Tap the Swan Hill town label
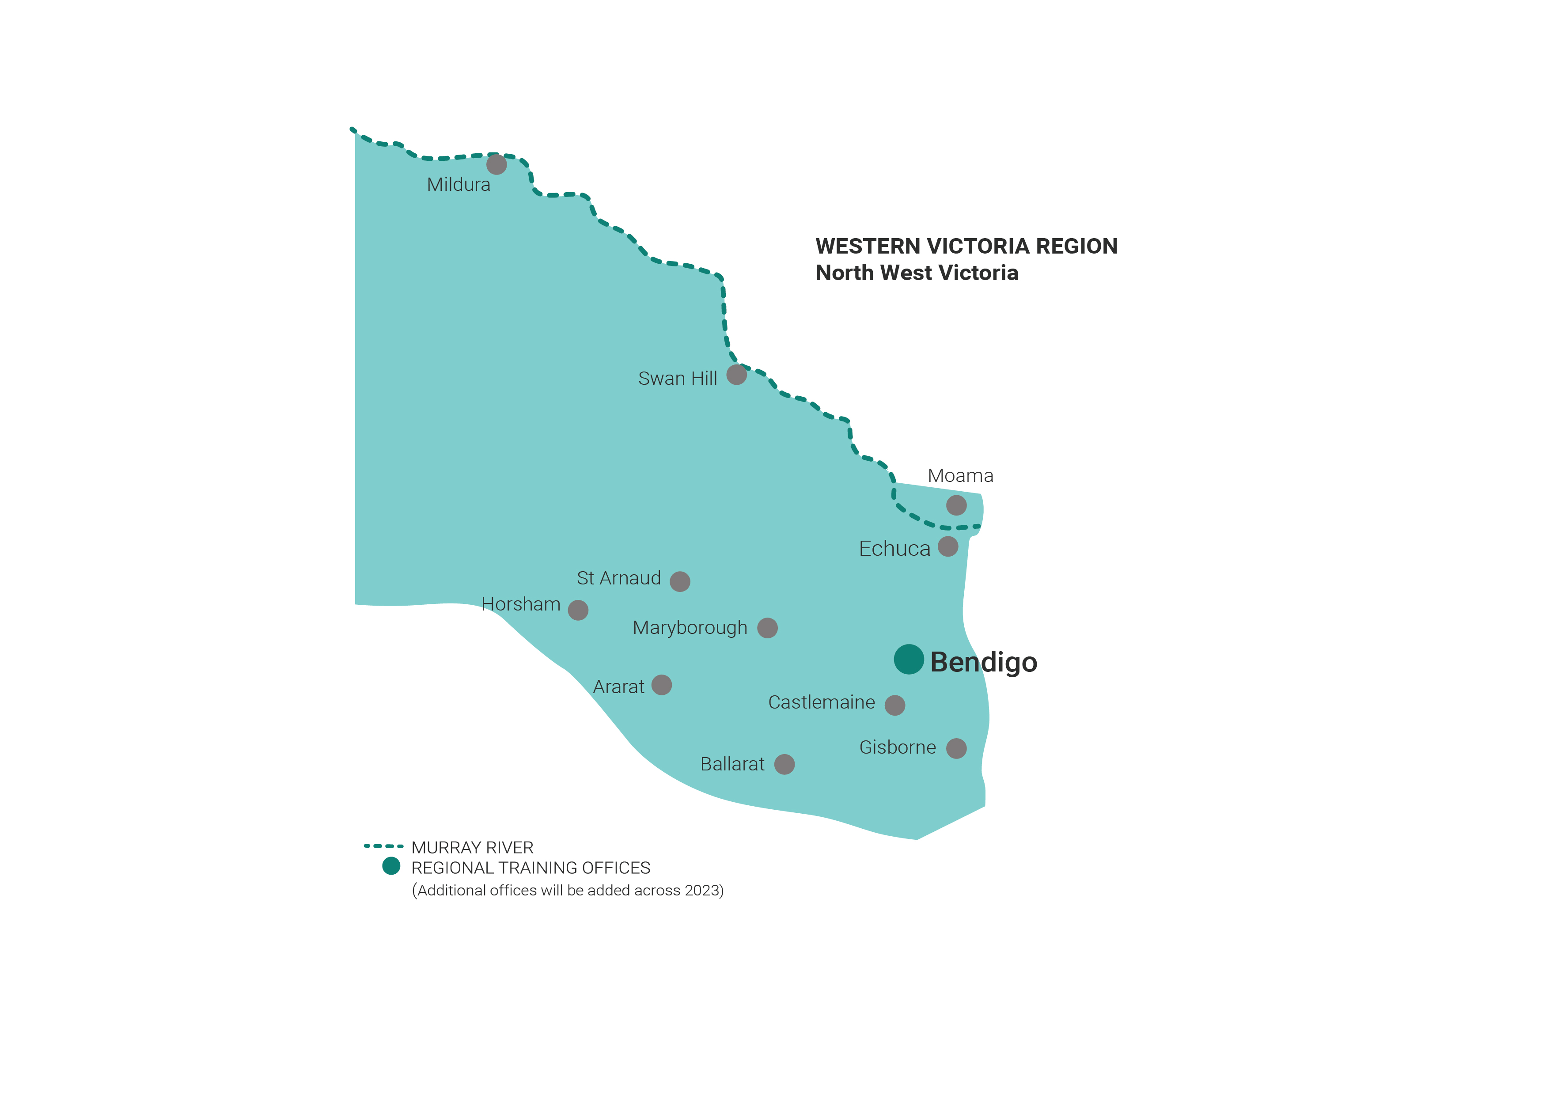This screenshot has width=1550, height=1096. (x=677, y=378)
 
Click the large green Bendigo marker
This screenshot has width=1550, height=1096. (x=909, y=659)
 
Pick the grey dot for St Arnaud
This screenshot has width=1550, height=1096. (x=680, y=581)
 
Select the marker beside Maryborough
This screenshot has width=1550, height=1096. (x=768, y=628)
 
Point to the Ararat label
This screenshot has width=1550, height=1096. (x=618, y=687)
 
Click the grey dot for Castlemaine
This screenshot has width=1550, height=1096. (x=895, y=705)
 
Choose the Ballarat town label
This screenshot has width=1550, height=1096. (x=732, y=764)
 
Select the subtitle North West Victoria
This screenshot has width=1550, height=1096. (x=916, y=273)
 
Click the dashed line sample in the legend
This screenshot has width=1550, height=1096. (x=383, y=846)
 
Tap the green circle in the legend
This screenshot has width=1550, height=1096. (x=391, y=866)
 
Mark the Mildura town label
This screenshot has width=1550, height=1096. (x=459, y=184)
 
